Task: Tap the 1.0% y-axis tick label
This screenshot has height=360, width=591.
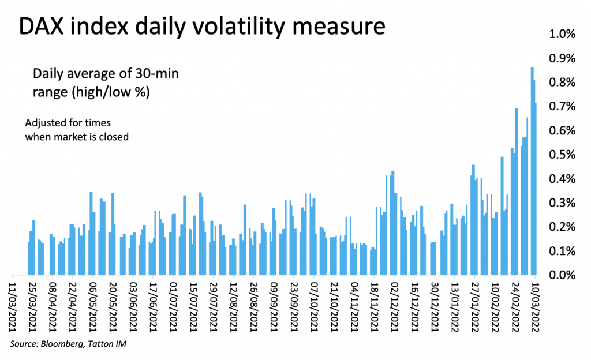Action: click(562, 34)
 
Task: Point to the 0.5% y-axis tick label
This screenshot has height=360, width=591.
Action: click(562, 155)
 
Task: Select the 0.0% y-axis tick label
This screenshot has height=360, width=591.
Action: click(562, 275)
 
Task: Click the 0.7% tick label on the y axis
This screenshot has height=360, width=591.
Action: click(562, 107)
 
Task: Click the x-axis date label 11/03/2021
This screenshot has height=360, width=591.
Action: click(13, 307)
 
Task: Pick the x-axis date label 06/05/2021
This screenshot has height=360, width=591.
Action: click(93, 307)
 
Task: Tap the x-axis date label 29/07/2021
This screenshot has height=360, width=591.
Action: click(214, 307)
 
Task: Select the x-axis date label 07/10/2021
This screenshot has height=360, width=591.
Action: click(314, 307)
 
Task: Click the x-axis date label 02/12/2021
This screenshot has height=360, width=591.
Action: click(394, 307)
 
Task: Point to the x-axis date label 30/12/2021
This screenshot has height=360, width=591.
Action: click(435, 307)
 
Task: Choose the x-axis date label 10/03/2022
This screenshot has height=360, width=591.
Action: click(535, 307)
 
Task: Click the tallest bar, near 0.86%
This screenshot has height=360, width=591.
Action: click(532, 171)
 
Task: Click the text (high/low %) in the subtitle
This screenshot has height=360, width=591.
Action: click(111, 92)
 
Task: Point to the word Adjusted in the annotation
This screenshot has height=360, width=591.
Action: click(43, 123)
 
